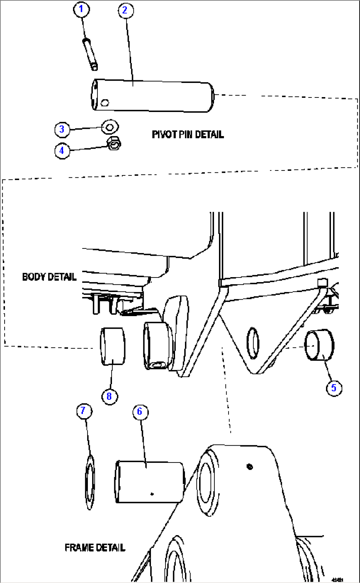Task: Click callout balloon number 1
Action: [x=81, y=9]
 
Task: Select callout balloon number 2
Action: [x=126, y=11]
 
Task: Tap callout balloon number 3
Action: [x=62, y=129]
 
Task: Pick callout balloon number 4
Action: [x=62, y=151]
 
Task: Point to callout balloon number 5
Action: [x=334, y=388]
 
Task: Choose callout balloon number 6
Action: [x=140, y=412]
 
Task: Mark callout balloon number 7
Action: [x=84, y=411]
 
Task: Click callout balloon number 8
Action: [x=109, y=396]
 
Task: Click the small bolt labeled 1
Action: [x=90, y=54]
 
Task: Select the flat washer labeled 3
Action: [x=110, y=127]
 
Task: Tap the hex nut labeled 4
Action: [x=114, y=143]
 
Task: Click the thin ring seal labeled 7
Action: [x=90, y=482]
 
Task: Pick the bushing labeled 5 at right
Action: [x=319, y=345]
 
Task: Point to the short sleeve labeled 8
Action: [x=113, y=346]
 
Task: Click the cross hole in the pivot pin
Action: [x=105, y=102]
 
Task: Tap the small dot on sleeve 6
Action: [x=152, y=494]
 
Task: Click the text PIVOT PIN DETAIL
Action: [x=188, y=135]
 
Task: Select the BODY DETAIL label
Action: [x=49, y=277]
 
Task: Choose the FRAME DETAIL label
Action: [x=95, y=548]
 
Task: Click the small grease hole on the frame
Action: [x=250, y=467]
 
